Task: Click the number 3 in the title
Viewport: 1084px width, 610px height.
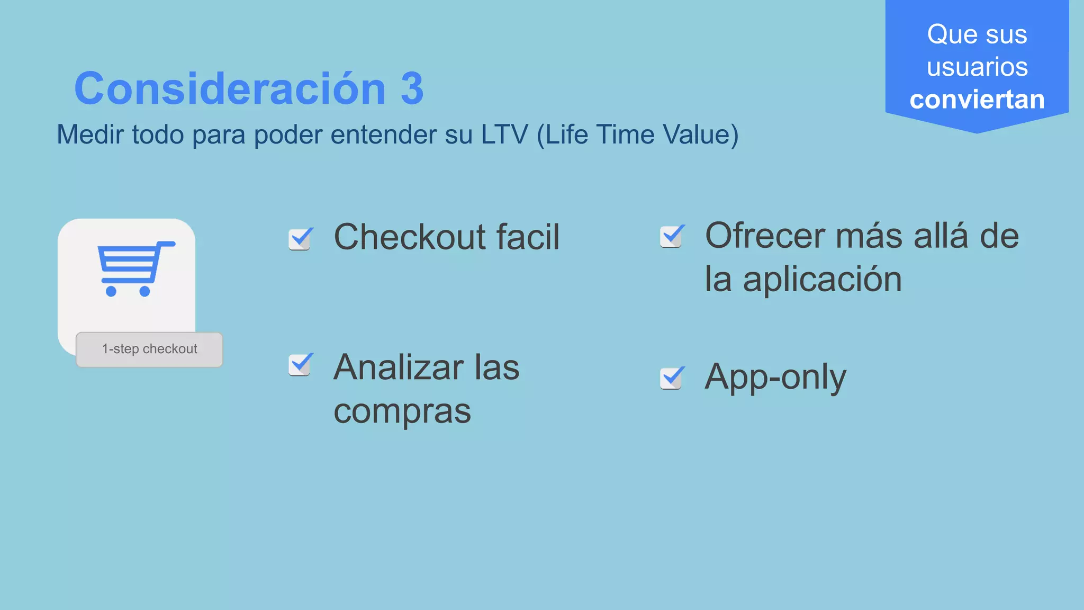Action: [412, 88]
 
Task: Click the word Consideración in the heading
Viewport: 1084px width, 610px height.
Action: [230, 88]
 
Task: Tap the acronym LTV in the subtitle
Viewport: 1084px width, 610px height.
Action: [504, 134]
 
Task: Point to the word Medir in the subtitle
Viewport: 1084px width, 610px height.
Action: [91, 134]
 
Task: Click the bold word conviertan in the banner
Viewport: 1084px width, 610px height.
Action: [977, 100]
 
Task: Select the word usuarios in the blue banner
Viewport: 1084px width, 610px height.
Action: [977, 67]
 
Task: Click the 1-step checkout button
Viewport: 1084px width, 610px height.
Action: [149, 349]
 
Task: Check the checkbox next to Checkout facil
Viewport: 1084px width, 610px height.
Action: [300, 239]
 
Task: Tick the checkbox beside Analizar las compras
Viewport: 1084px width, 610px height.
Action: [300, 365]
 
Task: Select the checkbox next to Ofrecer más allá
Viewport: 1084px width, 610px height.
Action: [672, 236]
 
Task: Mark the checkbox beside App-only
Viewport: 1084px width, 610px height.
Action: [672, 378]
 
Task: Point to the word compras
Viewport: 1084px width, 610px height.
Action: [402, 411]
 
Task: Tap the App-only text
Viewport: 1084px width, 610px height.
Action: [775, 377]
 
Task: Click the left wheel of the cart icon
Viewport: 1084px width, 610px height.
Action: [111, 291]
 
